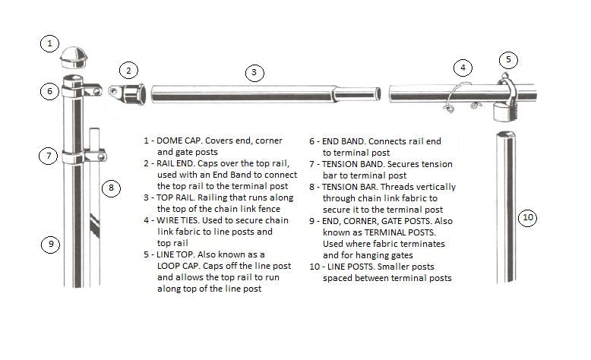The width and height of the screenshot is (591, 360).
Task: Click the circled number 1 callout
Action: click(49, 43)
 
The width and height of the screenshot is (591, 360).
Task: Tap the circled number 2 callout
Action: click(129, 71)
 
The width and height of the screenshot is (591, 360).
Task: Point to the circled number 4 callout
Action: click(461, 67)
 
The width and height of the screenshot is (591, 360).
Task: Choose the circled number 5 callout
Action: click(508, 58)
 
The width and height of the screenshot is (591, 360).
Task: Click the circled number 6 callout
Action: click(49, 91)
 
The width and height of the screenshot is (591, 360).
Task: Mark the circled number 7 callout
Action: click(49, 156)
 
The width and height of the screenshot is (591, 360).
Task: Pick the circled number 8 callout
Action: click(111, 187)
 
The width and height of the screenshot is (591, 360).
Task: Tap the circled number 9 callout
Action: click(49, 244)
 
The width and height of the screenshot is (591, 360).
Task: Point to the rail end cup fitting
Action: click(132, 95)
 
